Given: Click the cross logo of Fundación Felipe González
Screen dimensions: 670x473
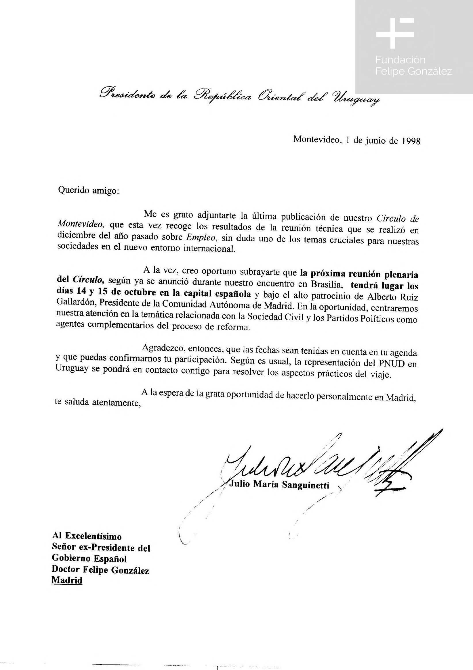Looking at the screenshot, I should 395,33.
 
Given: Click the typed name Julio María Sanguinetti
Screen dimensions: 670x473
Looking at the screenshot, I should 279,485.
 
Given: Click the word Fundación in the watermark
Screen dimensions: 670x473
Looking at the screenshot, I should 400,60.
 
